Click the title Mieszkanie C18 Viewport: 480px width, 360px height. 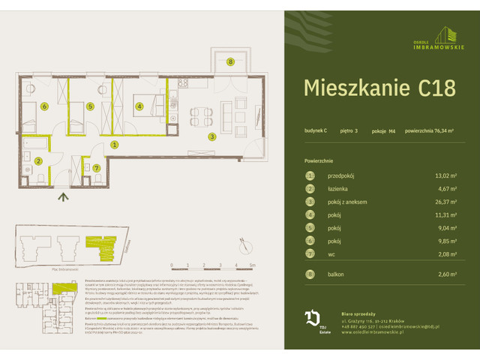[379, 88]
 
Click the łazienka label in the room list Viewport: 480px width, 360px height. [340, 188]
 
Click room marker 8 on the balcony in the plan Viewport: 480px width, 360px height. [230, 61]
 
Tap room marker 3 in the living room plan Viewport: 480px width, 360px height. [212, 136]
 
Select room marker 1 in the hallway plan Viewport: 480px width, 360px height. [114, 144]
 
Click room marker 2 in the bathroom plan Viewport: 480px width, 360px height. [37, 160]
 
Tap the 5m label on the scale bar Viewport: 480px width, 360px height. [253, 265]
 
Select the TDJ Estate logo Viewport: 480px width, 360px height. [312, 320]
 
